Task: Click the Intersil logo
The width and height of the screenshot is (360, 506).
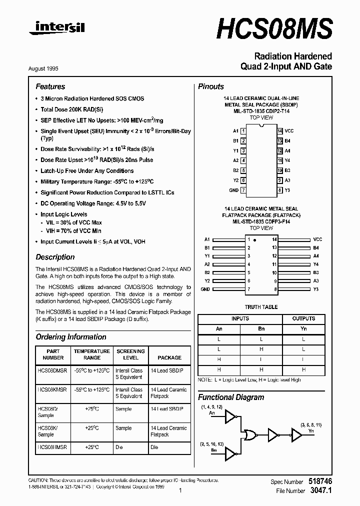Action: tap(56, 28)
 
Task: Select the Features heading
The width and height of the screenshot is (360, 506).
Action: tap(50, 86)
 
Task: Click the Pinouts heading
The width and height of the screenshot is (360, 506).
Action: tap(211, 86)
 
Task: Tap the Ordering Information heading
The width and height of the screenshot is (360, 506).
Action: tap(70, 337)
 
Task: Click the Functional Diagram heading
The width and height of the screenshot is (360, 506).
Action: tap(231, 397)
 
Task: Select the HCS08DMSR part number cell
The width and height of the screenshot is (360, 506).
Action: tap(52, 370)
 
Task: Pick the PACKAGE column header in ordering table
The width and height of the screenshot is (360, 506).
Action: tap(169, 357)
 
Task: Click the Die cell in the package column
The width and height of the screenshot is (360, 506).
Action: tap(154, 447)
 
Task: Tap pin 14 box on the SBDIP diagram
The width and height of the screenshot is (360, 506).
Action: tap(280, 130)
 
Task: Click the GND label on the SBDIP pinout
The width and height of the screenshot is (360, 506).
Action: tap(233, 190)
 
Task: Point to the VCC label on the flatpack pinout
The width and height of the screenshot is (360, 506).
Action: tap(317, 239)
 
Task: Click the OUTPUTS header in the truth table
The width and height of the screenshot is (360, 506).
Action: tap(303, 318)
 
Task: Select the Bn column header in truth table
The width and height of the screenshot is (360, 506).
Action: tap(261, 328)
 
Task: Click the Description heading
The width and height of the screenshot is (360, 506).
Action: tap(55, 257)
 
